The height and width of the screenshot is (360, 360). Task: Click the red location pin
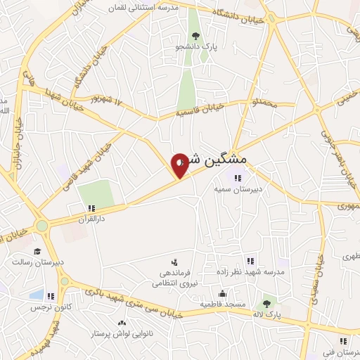(x=180, y=165)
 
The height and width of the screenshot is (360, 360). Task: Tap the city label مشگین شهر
(x=219, y=160)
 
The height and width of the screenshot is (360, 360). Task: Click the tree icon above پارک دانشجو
(x=195, y=36)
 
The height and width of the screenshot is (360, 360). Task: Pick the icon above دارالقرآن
(x=91, y=208)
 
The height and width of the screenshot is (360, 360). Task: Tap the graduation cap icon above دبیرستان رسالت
(x=37, y=251)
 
